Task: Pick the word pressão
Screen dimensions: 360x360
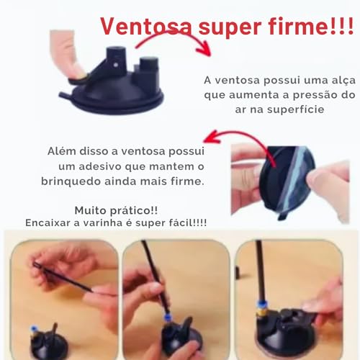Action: click(x=302, y=96)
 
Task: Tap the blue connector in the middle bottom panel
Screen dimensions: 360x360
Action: click(x=166, y=317)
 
